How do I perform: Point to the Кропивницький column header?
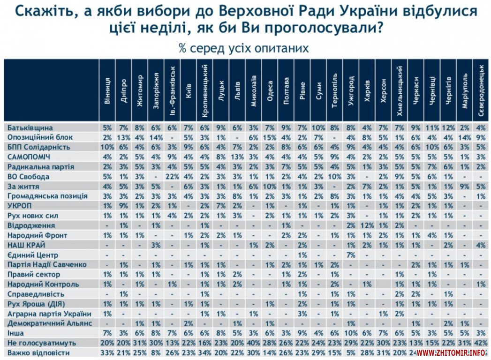(205, 90)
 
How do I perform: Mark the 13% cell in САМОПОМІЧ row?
(238, 157)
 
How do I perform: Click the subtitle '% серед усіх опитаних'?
(243, 48)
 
